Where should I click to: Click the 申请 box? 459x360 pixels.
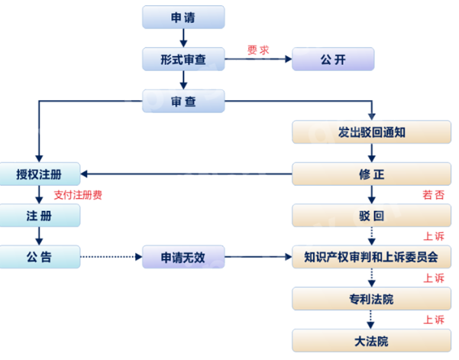183,17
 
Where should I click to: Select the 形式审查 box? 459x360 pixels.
183,59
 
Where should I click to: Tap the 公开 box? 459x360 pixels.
333,59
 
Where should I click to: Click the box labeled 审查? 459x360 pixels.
183,100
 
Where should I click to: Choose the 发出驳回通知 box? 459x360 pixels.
371,132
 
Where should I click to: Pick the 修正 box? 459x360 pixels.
371,174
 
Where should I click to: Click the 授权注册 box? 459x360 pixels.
39,174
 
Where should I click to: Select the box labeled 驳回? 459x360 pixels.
371,216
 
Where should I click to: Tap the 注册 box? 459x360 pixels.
39,216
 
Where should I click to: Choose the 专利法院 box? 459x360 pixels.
371,299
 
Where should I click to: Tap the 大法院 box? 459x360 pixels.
371,340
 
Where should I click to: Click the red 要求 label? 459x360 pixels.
258,50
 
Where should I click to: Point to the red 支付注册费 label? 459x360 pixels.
78,195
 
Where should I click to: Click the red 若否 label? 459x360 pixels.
433,195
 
